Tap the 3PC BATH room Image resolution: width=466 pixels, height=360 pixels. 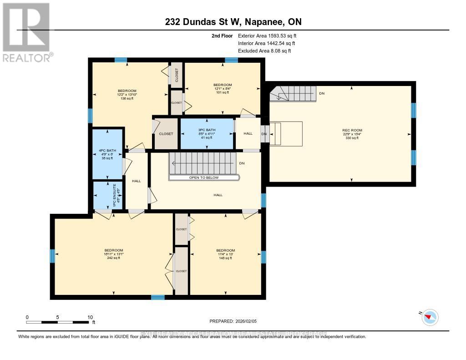pyautogui.click(x=207, y=133)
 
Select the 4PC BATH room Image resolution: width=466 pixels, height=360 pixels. pyautogui.click(x=107, y=153)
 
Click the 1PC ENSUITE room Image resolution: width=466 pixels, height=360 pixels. pyautogui.click(x=107, y=196)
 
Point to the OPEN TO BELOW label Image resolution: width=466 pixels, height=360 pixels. pyautogui.click(x=204, y=177)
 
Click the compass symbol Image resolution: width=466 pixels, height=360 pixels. pyautogui.click(x=430, y=317)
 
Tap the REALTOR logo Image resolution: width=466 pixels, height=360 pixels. pyautogui.click(x=27, y=32)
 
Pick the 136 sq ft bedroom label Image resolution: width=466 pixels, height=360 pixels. pyautogui.click(x=127, y=95)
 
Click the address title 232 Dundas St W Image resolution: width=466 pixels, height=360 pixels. pyautogui.click(x=233, y=22)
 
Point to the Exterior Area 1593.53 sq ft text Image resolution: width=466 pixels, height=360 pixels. pyautogui.click(x=267, y=35)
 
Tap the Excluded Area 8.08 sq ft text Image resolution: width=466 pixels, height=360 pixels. pyautogui.click(x=264, y=51)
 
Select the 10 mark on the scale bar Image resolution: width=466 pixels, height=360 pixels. pyautogui.click(x=90, y=317)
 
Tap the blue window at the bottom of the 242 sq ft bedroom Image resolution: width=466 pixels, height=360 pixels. pyautogui.click(x=157, y=297)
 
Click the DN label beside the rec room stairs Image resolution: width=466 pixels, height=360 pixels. pyautogui.click(x=322, y=93)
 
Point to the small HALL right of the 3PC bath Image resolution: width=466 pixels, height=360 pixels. pyautogui.click(x=248, y=133)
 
